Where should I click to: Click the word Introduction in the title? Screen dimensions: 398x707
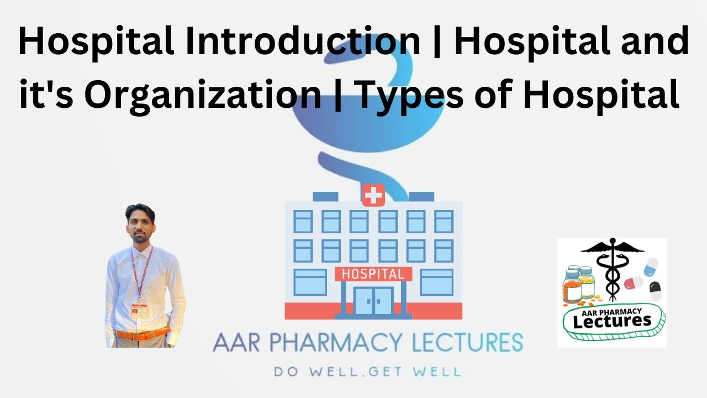302,42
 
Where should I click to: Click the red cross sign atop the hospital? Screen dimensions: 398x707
373,196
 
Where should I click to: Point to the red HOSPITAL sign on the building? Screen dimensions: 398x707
373,274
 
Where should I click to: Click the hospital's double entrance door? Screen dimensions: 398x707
373,301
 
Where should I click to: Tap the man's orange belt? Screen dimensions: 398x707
143,334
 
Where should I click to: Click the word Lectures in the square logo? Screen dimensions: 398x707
613,320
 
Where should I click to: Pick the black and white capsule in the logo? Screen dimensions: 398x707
655,291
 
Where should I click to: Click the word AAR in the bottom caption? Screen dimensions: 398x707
233,343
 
